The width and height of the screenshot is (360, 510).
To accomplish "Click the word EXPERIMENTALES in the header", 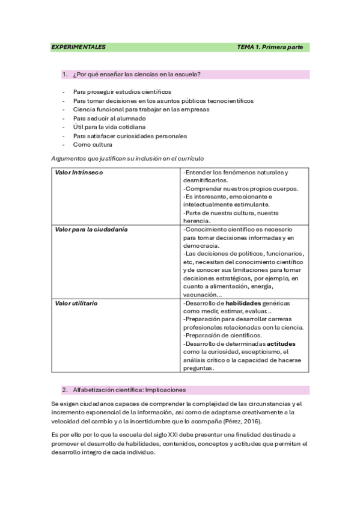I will pos(78,47).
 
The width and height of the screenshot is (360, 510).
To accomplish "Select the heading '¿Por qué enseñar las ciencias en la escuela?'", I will pos(136,75).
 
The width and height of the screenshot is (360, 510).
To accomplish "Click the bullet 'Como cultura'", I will pos(93,145).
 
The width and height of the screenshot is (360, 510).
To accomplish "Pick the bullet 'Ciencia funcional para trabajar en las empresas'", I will pos(141,109).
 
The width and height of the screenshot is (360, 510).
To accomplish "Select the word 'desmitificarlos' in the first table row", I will pos(204,180).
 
